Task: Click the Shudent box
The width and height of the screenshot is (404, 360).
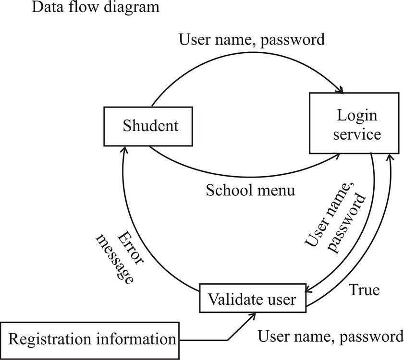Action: pos(150,126)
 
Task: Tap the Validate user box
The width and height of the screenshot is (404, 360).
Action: pos(252,300)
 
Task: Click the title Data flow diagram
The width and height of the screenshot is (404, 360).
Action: pos(95,7)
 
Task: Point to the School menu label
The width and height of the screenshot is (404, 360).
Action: pos(250,191)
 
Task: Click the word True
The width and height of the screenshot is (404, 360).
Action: pos(364,290)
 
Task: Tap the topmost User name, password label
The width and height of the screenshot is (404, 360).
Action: pos(252,39)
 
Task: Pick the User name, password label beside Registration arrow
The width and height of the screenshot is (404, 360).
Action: pos(331,336)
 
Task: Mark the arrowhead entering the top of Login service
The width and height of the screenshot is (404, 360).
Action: pos(341,90)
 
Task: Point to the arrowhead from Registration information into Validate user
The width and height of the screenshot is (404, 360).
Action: pos(253,315)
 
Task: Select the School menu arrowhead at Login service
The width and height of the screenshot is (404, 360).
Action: pos(338,156)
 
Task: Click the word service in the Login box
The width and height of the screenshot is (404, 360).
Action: pos(357,134)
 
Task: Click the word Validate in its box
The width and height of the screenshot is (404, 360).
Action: pos(230,300)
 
